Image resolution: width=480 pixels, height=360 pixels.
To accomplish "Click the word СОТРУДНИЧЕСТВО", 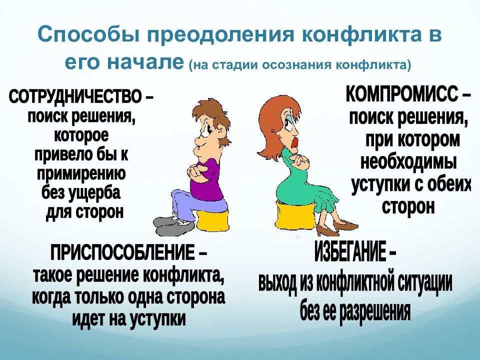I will (x=75, y=96).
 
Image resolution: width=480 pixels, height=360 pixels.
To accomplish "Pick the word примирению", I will (x=81, y=173).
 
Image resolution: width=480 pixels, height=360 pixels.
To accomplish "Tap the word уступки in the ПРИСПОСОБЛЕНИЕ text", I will (x=156, y=317).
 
